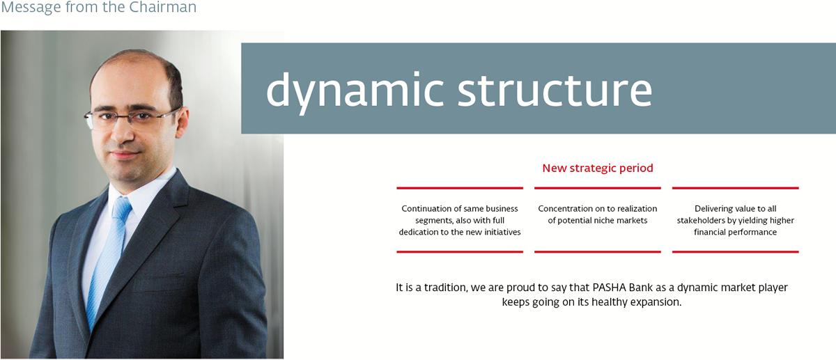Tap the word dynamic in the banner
355,91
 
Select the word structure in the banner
555,90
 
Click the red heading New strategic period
598,169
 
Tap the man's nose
123,134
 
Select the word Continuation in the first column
426,208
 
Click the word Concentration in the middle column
564,208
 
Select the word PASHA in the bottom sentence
609,288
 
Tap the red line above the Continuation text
460,188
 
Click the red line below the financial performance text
735,252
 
